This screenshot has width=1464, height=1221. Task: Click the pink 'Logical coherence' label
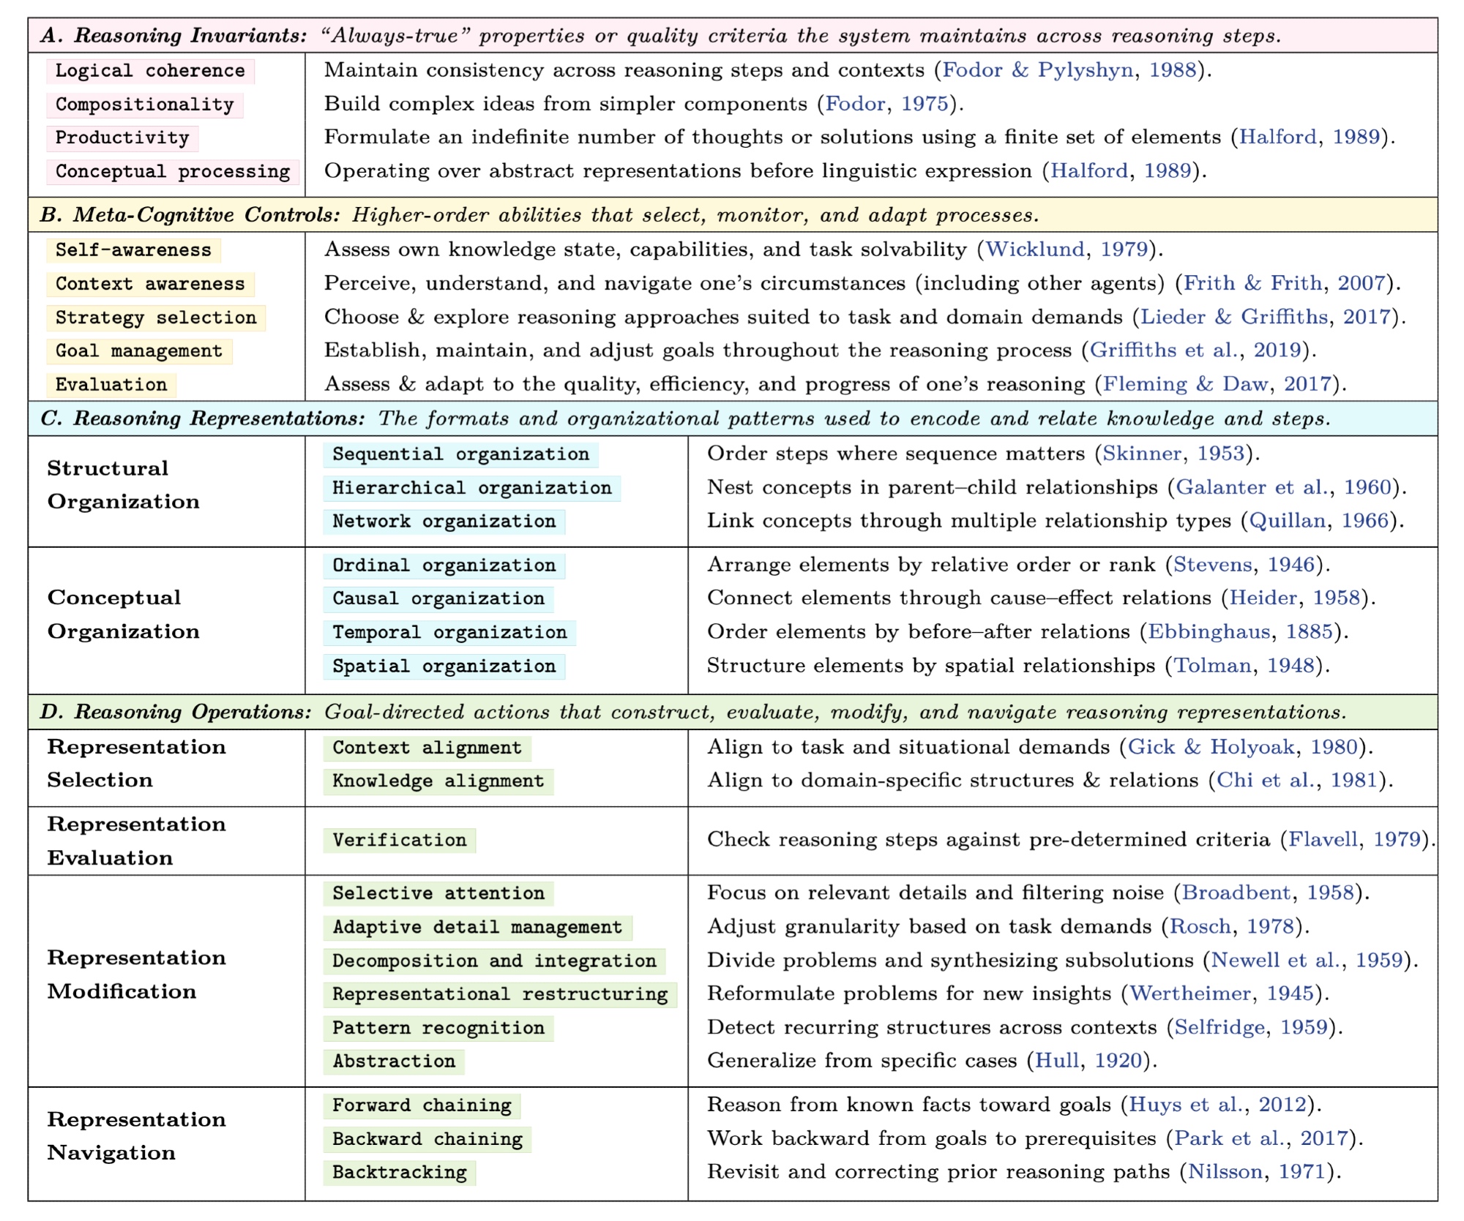click(150, 71)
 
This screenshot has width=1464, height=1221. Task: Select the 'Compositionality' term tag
click(144, 105)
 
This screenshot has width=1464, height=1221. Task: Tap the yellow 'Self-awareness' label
click(133, 250)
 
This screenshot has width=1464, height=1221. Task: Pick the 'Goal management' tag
click(139, 351)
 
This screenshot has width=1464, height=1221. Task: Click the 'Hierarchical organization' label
click(471, 488)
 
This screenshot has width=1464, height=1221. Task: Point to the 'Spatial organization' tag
click(444, 666)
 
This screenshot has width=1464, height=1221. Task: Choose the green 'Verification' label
click(399, 840)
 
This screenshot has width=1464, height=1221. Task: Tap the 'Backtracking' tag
click(399, 1172)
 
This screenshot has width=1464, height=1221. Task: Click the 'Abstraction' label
click(394, 1061)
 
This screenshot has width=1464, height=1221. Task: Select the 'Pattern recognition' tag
click(438, 1028)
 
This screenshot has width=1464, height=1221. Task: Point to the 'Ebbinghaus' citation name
click(1209, 631)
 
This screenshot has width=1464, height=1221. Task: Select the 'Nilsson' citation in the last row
click(1225, 1172)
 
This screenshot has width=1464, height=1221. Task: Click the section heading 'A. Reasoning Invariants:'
click(173, 36)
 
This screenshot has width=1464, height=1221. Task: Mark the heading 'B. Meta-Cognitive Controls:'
click(190, 215)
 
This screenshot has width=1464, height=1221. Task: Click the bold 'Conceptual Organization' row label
click(123, 615)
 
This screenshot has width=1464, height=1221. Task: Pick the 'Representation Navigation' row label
click(136, 1136)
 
